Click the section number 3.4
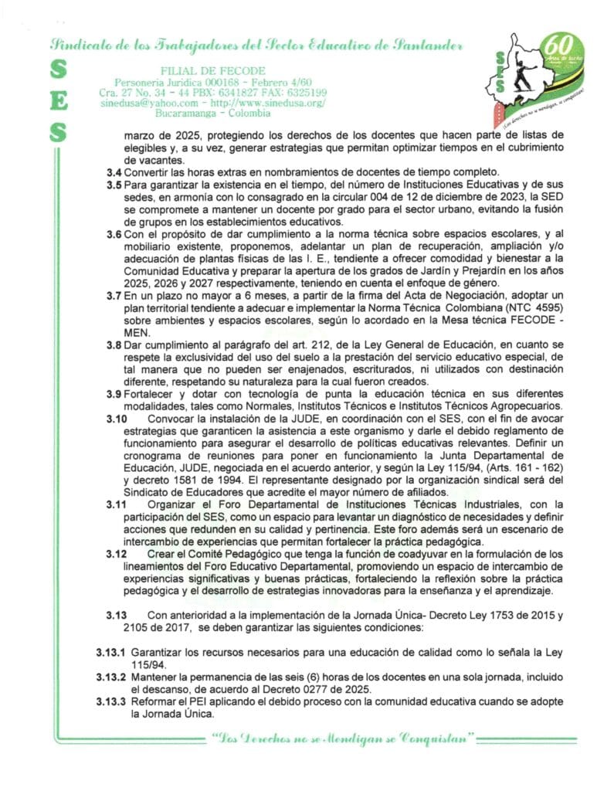pos(114,171)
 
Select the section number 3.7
pos(114,296)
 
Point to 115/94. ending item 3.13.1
pos(151,663)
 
